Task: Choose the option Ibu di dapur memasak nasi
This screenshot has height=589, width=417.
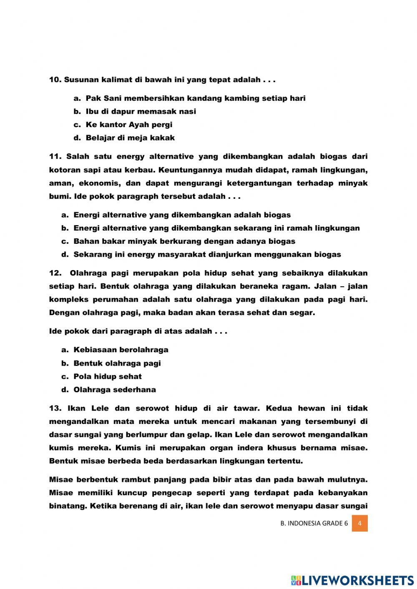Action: pyautogui.click(x=141, y=111)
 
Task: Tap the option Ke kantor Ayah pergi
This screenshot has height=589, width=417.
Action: pyautogui.click(x=129, y=125)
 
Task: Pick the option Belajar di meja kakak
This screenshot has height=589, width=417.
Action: pyautogui.click(x=130, y=138)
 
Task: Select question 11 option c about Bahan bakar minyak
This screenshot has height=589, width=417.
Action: pyautogui.click(x=184, y=241)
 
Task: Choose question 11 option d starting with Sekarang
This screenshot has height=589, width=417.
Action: pyautogui.click(x=207, y=254)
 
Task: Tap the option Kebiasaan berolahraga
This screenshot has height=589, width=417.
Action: pyautogui.click(x=121, y=350)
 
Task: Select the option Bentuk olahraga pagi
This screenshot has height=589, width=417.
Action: pyautogui.click(x=117, y=363)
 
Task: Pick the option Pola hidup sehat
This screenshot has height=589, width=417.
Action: pyautogui.click(x=107, y=376)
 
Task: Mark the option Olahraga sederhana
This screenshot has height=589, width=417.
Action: pyautogui.click(x=114, y=390)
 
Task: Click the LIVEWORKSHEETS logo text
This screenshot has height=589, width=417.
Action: pyautogui.click(x=357, y=580)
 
